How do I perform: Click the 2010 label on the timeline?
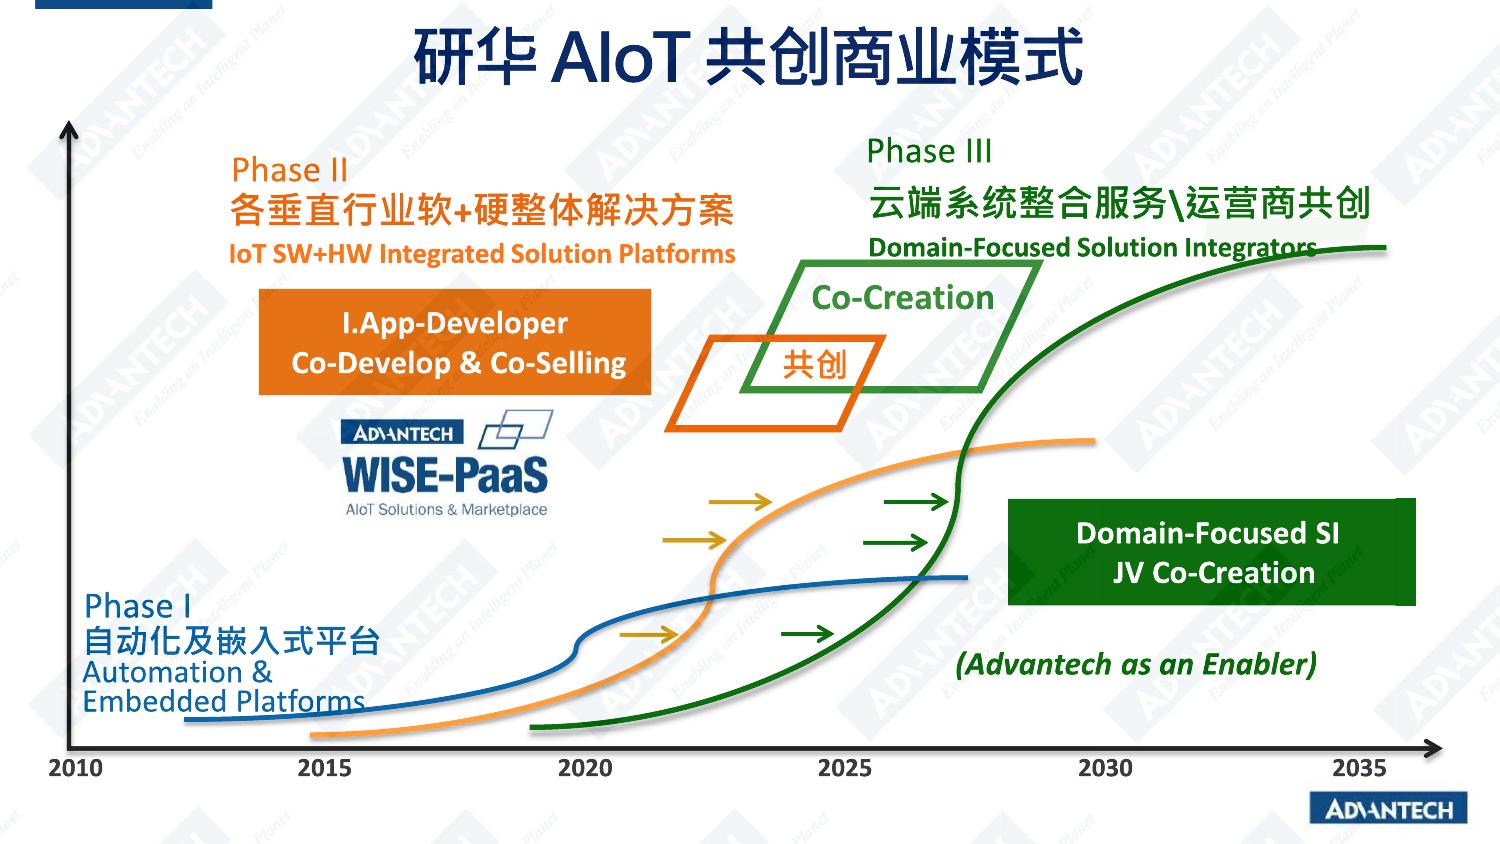[x=76, y=768]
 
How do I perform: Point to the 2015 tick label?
[x=325, y=768]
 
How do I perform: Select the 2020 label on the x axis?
[x=585, y=768]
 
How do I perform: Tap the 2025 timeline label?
[x=845, y=768]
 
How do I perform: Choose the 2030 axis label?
[x=1106, y=768]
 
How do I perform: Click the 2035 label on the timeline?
[x=1359, y=768]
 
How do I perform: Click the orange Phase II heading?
[x=289, y=170]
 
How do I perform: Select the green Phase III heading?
[x=929, y=151]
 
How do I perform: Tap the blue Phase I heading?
[x=137, y=606]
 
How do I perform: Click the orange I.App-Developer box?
[x=455, y=342]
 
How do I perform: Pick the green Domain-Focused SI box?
[x=1211, y=552]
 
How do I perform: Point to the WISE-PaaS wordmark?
[x=445, y=475]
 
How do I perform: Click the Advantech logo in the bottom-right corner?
[x=1388, y=809]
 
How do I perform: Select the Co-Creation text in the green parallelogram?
[x=903, y=297]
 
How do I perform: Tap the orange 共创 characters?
[x=815, y=365]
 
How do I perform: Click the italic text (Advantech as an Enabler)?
[x=1136, y=664]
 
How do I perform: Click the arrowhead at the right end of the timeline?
[x=1434, y=748]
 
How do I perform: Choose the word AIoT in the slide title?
[x=619, y=58]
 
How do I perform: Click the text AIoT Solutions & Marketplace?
[x=446, y=510]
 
